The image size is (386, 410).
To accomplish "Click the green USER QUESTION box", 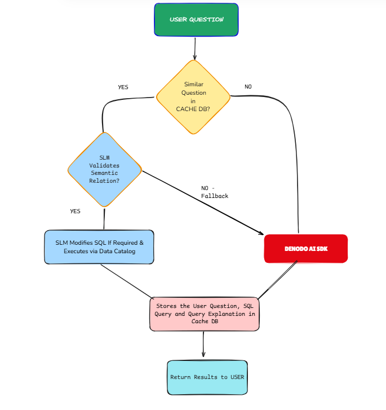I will click(196, 20).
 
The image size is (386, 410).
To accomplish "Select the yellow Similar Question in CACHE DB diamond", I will click(193, 96).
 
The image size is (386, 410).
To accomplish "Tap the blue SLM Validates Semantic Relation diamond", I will click(105, 169).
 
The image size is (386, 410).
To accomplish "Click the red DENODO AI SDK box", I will click(306, 249).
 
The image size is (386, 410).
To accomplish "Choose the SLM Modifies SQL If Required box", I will click(99, 246).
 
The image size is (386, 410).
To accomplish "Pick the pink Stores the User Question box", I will click(205, 314).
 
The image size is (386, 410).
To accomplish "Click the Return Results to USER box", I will click(207, 377).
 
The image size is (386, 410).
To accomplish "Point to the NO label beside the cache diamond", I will click(248, 87).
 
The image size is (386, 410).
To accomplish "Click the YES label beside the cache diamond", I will click(123, 87).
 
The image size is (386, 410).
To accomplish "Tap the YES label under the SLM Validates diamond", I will click(75, 211).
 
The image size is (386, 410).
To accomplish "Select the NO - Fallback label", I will click(215, 192).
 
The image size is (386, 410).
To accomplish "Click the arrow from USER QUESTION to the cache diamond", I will click(195, 49).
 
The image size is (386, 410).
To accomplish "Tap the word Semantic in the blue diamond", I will click(105, 174).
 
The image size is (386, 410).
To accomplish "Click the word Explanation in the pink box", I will click(230, 314).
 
